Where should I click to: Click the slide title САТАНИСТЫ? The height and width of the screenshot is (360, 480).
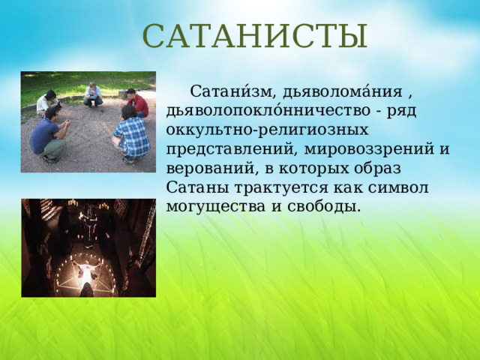[x=255, y=36]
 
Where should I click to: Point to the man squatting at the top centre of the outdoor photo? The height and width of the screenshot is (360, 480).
[x=93, y=94]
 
